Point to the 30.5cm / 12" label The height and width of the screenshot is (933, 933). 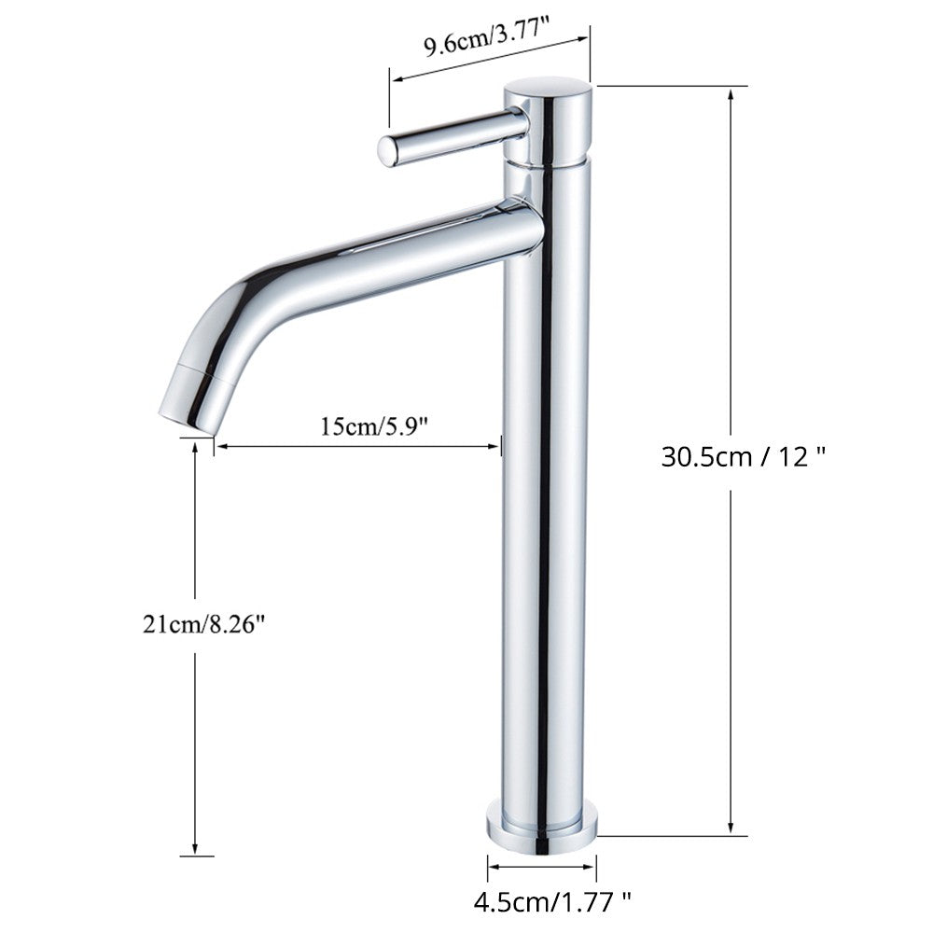click(744, 457)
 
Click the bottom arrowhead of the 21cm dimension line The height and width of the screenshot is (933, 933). click(194, 852)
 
